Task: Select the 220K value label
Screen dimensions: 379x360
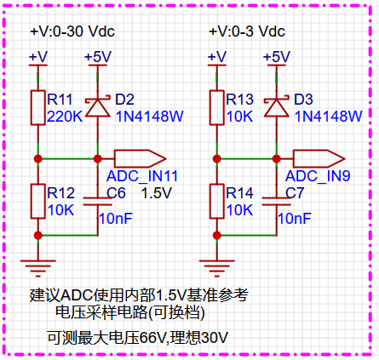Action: click(x=65, y=117)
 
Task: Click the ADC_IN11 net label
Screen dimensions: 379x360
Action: click(x=142, y=176)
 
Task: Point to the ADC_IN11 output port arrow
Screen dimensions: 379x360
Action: click(x=140, y=158)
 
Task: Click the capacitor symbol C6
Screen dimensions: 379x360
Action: click(x=98, y=201)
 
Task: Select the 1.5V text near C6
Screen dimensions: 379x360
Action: click(x=157, y=193)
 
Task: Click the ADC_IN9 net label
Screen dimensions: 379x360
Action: click(x=318, y=176)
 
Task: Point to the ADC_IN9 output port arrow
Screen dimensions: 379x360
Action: click(x=319, y=158)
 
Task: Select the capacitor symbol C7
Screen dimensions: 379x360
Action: click(x=277, y=201)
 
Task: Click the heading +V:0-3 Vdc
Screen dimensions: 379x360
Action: click(x=247, y=31)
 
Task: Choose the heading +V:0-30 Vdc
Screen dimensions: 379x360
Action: click(x=72, y=31)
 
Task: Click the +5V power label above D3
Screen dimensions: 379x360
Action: click(x=277, y=57)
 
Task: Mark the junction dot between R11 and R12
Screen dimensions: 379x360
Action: click(x=38, y=158)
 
